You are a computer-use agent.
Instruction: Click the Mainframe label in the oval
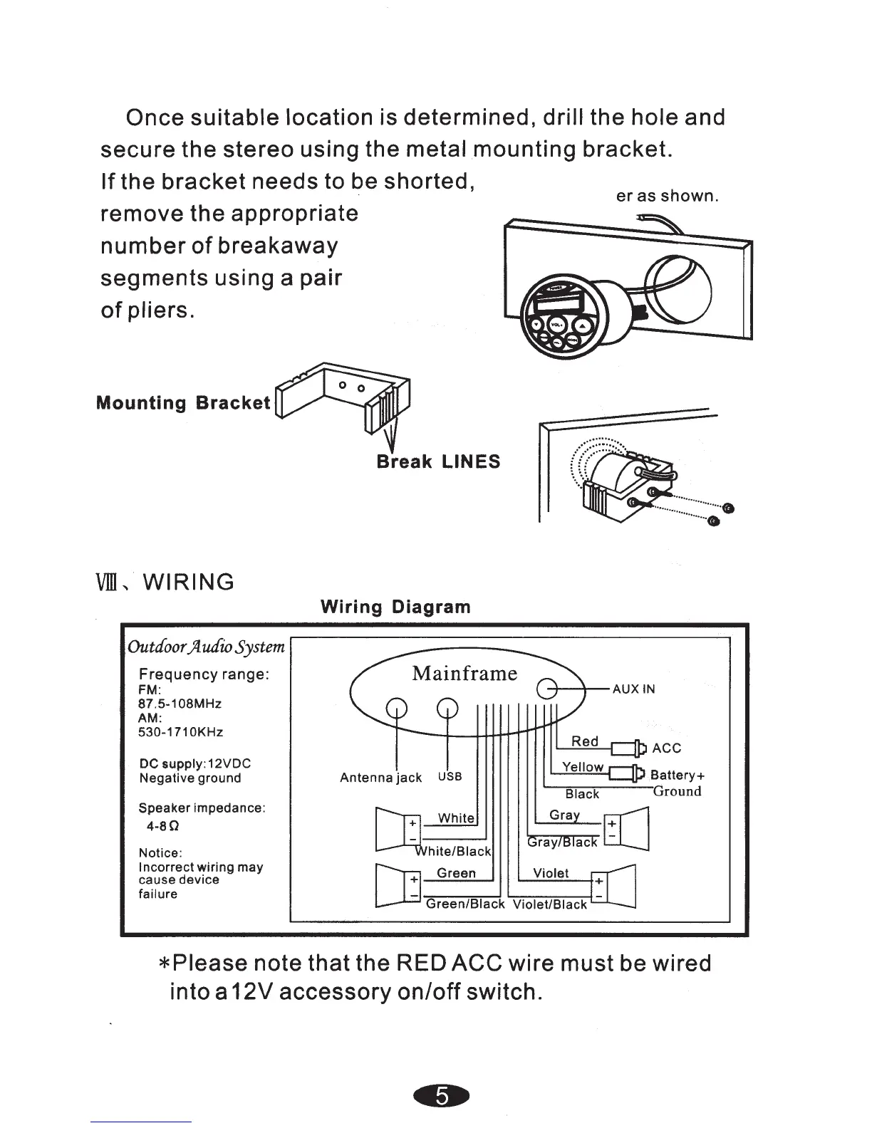[x=464, y=673]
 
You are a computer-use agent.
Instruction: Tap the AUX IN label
[x=633, y=689]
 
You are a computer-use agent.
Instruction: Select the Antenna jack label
[x=380, y=778]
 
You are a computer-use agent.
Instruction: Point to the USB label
[x=450, y=776]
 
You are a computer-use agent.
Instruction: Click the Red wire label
[x=585, y=741]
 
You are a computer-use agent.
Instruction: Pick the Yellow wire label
[x=583, y=767]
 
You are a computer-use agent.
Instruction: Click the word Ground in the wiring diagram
[x=677, y=791]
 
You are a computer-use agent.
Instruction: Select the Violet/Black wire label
[x=551, y=904]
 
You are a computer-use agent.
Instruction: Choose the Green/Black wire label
[x=465, y=904]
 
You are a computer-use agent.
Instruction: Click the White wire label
[x=456, y=818]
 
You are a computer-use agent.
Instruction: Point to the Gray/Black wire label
[x=563, y=842]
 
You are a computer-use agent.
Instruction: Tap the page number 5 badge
[x=442, y=1097]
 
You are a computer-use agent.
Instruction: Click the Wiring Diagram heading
[x=395, y=607]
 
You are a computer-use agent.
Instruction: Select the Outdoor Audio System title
[x=206, y=647]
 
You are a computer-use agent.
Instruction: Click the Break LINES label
[x=438, y=461]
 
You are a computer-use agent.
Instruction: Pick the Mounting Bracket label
[x=183, y=403]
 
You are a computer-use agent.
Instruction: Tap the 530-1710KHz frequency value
[x=181, y=732]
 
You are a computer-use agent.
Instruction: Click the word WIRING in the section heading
[x=189, y=582]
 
